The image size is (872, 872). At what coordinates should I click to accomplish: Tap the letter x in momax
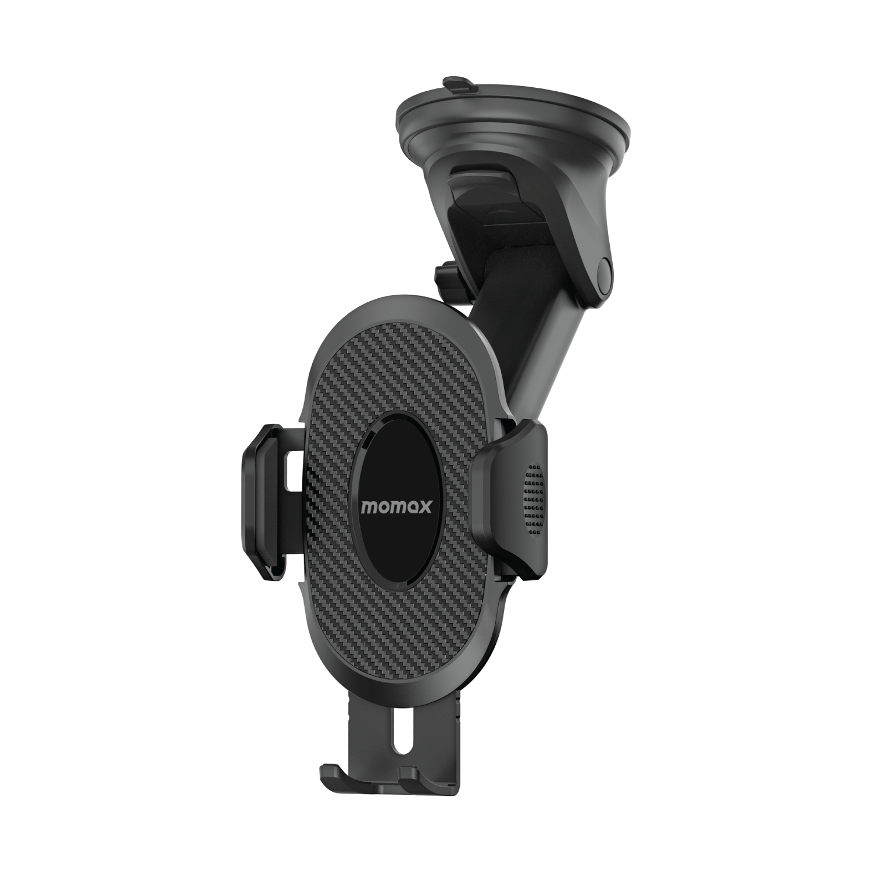point(426,508)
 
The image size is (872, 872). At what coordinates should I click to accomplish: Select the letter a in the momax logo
point(413,508)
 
